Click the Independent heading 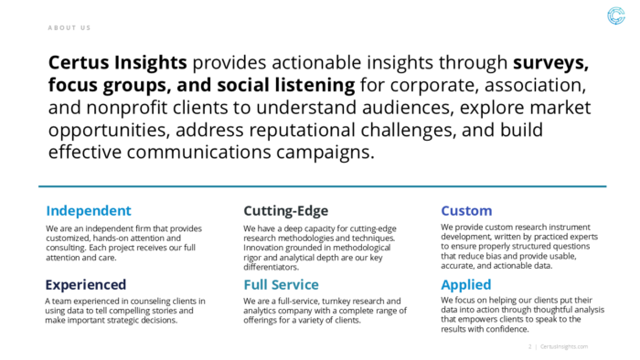click(x=89, y=210)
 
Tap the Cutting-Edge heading click(x=285, y=210)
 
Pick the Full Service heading click(x=281, y=284)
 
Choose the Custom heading click(x=466, y=210)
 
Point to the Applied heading click(x=466, y=284)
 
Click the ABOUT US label click(x=69, y=28)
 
